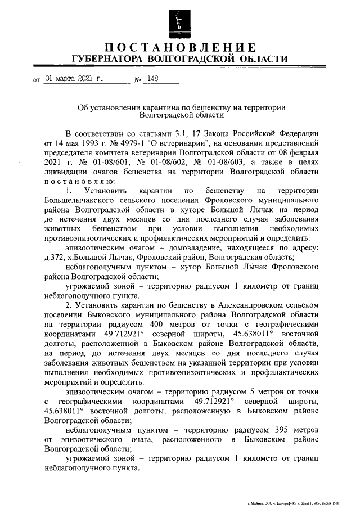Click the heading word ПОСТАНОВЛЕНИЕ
pyautogui.click(x=180, y=47)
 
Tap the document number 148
pyautogui.click(x=151, y=79)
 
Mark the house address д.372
pyautogui.click(x=55, y=258)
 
